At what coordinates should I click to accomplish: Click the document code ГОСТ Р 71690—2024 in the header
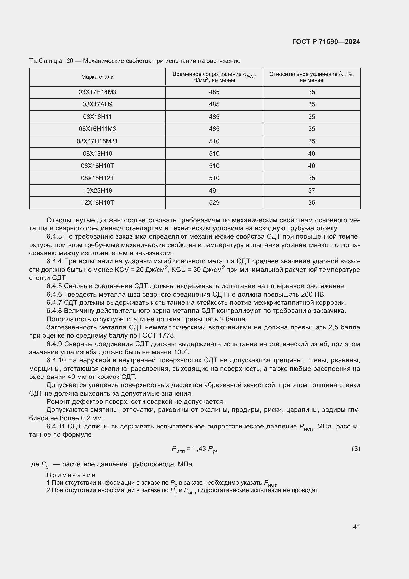click(326, 42)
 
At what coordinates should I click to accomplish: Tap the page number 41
click(356, 527)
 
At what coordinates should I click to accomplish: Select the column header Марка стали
click(97, 77)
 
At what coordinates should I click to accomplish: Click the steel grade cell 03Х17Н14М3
click(97, 92)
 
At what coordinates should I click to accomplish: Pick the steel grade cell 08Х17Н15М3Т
click(97, 141)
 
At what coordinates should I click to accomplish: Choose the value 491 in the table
click(214, 190)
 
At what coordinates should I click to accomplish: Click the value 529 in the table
click(214, 203)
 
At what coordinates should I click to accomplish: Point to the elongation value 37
click(312, 190)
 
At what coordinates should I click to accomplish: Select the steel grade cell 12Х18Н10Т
click(97, 203)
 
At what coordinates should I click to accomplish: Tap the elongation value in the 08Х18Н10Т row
click(312, 166)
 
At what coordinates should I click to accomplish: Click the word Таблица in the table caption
click(45, 61)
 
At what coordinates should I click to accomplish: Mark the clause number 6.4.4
click(54, 261)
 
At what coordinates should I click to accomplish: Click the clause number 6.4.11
click(56, 427)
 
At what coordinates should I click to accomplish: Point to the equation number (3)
click(356, 449)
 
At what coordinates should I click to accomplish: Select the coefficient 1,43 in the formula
click(200, 449)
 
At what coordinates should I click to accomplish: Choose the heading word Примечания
click(71, 475)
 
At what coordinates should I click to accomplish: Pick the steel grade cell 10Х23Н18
click(97, 190)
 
